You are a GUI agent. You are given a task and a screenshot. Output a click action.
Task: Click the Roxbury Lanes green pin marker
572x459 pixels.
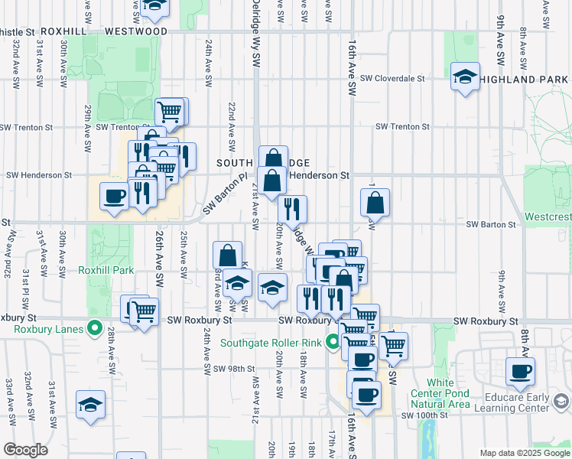tap(95, 329)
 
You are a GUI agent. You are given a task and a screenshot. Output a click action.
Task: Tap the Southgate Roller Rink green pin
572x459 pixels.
tap(333, 342)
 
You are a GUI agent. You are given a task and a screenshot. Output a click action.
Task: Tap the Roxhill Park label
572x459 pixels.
tap(106, 270)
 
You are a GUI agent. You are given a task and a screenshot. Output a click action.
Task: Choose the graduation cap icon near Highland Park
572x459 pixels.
tap(465, 76)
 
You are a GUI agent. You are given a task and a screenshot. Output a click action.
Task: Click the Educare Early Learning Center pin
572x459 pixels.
tap(561, 402)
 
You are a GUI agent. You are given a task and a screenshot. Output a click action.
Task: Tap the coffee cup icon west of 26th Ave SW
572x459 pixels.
tap(115, 196)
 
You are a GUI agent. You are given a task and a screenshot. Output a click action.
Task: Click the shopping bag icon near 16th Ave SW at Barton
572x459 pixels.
tap(375, 203)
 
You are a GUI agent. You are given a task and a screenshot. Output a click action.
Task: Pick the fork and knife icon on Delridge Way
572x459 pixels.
tap(292, 208)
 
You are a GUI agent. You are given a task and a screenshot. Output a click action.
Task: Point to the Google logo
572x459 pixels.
tap(25, 450)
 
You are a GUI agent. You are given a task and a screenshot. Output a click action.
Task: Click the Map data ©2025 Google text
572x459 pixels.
tap(524, 453)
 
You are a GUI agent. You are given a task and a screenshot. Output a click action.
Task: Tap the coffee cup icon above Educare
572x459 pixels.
tap(521, 372)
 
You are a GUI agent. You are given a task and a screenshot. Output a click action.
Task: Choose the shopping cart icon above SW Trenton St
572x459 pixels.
tap(171, 112)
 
